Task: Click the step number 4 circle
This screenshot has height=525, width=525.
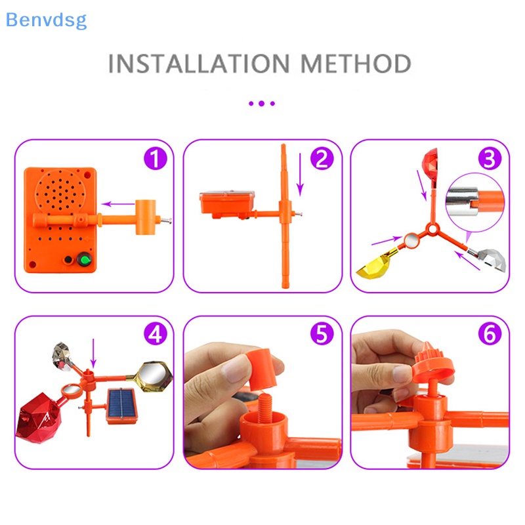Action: [x=155, y=335]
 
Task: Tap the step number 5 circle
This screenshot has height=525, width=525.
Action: [x=322, y=335]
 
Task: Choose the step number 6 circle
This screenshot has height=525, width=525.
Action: [x=490, y=335]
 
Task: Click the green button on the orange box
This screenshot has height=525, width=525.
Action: [x=84, y=261]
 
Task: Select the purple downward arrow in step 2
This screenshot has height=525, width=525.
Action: [x=300, y=174]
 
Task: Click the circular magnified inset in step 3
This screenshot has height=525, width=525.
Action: [x=474, y=199]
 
